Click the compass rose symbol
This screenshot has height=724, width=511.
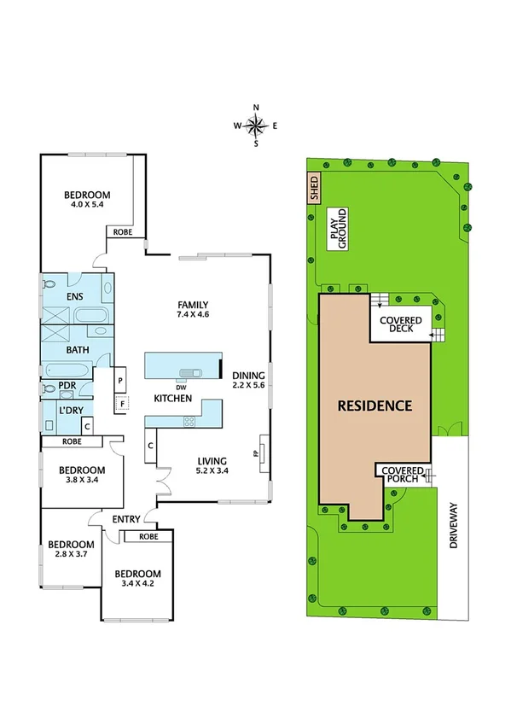pyautogui.click(x=256, y=126)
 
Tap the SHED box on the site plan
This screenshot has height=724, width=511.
pyautogui.click(x=313, y=186)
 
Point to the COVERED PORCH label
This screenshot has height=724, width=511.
pyautogui.click(x=402, y=475)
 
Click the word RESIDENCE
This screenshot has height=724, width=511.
pyautogui.click(x=375, y=406)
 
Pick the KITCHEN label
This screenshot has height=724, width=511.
pyautogui.click(x=172, y=399)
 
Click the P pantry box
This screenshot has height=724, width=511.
pyautogui.click(x=121, y=381)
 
